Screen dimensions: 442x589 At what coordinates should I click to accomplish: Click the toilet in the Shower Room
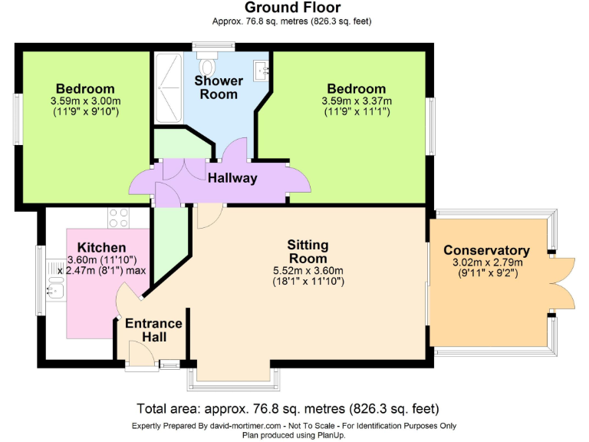(x=208, y=62)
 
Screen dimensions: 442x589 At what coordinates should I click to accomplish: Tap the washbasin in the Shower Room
(x=263, y=71)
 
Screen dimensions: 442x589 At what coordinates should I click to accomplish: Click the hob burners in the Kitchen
(x=119, y=218)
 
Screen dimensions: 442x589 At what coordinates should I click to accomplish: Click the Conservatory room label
(x=486, y=250)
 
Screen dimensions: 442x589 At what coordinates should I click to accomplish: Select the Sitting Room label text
(x=308, y=252)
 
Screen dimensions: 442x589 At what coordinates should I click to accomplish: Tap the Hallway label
(x=232, y=178)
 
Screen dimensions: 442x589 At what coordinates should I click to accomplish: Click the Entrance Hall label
(x=154, y=330)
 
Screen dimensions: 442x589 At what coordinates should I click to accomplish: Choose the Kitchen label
(x=101, y=247)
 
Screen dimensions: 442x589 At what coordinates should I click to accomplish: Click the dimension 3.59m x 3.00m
(x=85, y=101)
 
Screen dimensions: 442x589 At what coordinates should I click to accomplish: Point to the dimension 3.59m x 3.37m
(x=356, y=101)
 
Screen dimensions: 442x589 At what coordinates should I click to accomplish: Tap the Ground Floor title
(x=294, y=8)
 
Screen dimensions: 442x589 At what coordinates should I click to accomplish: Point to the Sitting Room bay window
(x=233, y=378)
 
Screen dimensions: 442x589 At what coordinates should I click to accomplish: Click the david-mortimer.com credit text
(x=294, y=426)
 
